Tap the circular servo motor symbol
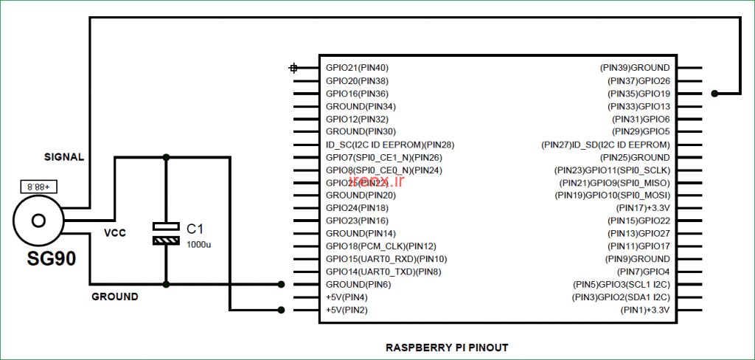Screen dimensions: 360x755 pos(38,219)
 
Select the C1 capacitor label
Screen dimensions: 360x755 pos(195,228)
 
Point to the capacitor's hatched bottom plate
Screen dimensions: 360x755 pos(166,240)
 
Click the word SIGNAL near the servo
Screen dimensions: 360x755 pos(64,157)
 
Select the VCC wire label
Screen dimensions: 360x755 pos(114,233)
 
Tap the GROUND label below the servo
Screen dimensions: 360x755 pos(114,297)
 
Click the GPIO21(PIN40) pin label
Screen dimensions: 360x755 pos(357,68)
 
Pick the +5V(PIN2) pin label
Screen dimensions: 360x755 pos(347,310)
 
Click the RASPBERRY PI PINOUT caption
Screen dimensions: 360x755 pos(448,347)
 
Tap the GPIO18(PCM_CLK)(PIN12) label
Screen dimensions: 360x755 pos(381,246)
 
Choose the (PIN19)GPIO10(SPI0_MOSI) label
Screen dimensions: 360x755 pos(612,195)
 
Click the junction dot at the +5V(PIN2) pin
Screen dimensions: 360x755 pos(281,310)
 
